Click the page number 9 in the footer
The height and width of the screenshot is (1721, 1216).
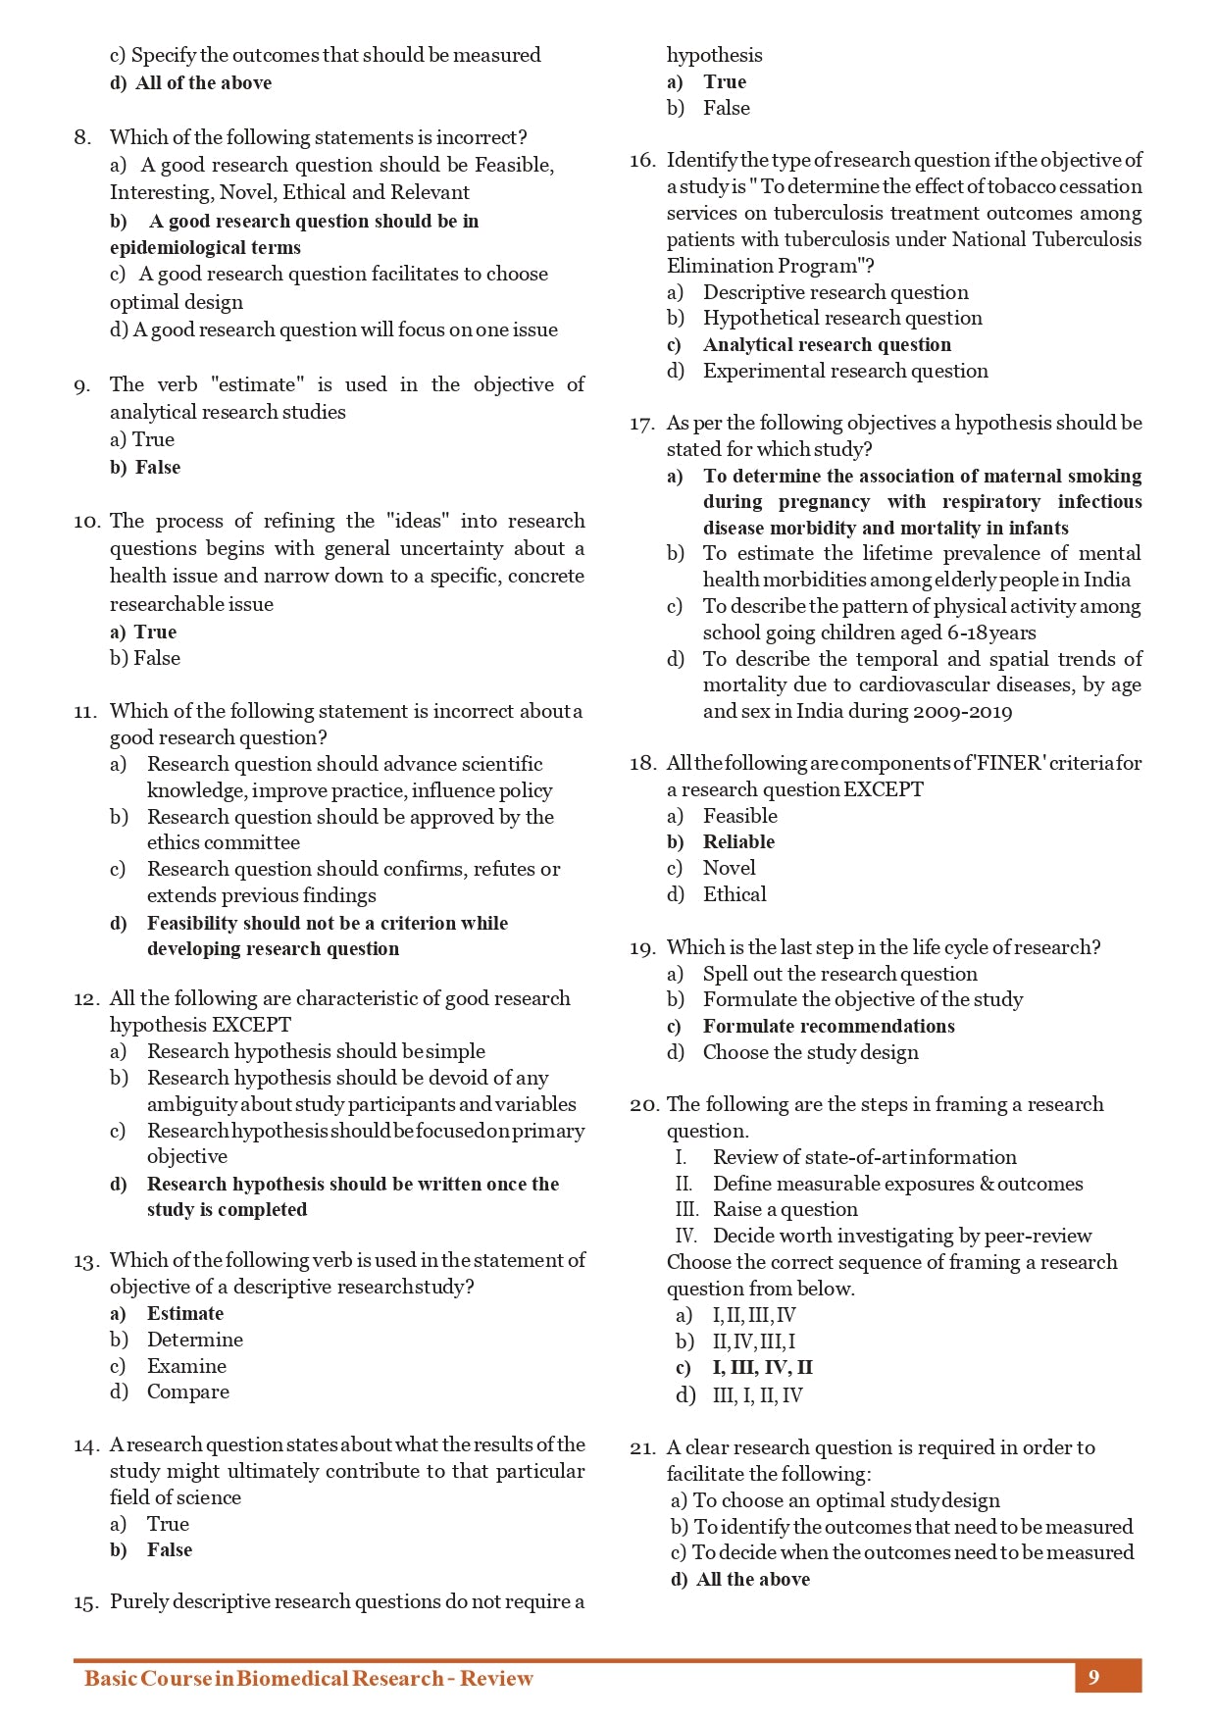1093,1677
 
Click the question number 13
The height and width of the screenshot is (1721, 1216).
85,1261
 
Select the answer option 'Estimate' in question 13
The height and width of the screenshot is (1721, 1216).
185,1313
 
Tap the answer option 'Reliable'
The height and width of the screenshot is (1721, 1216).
738,841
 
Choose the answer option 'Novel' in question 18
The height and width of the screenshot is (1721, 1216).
729,868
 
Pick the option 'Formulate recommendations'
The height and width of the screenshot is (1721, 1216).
829,1026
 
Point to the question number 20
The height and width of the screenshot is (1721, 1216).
642,1105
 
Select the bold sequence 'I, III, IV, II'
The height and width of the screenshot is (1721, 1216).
762,1367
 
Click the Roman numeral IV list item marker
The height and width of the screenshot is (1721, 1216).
685,1236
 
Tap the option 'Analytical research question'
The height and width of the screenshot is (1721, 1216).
827,344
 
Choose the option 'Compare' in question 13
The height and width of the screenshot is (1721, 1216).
188,1392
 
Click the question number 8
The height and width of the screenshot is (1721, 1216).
82,137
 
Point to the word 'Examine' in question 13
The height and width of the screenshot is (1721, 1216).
186,1366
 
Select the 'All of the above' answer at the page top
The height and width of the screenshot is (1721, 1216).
203,83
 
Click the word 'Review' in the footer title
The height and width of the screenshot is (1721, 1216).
497,1678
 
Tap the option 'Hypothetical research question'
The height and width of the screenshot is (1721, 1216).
842,318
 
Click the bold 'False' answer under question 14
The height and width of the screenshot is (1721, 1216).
170,1549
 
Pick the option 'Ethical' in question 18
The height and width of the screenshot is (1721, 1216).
735,894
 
